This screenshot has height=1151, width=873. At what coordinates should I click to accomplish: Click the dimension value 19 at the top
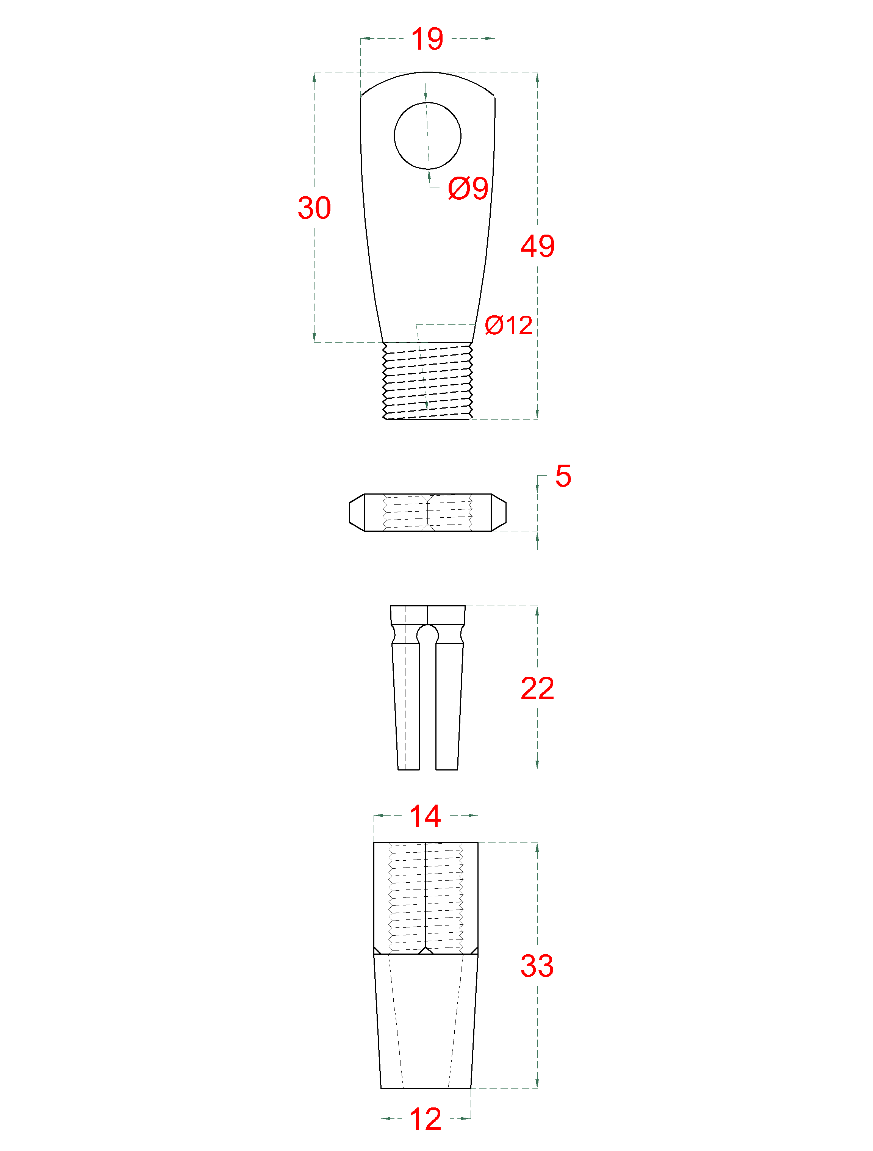(x=427, y=39)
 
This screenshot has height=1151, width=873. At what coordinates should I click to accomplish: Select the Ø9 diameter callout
(x=468, y=188)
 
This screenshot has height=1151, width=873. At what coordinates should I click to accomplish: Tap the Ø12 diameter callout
(x=508, y=325)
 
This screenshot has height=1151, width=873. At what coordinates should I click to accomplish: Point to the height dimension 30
(x=314, y=208)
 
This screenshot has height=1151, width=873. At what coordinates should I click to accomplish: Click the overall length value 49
(x=537, y=246)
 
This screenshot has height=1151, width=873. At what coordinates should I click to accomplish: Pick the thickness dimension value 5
(x=563, y=476)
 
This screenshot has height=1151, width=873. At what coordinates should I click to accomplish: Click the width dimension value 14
(x=425, y=816)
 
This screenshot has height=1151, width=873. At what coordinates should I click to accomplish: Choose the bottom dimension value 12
(x=425, y=1119)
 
